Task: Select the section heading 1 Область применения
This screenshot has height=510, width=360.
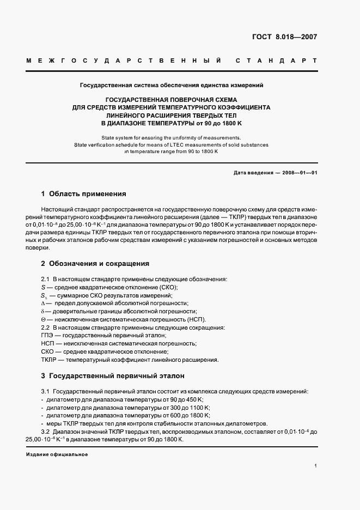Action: coord(83,193)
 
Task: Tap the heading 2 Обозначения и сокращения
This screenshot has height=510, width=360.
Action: coord(95,263)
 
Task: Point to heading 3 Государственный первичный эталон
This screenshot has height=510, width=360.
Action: coord(113,376)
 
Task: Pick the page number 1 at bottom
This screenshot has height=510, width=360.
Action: coord(316,466)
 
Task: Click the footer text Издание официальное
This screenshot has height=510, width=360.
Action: coord(57,454)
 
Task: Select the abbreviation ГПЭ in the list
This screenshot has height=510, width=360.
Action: coord(47,335)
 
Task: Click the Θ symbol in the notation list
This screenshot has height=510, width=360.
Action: coord(43,319)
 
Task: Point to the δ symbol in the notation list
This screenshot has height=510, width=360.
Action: coord(42,311)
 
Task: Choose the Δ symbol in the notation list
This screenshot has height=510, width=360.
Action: coord(43,303)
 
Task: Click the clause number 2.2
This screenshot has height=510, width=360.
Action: coord(45,327)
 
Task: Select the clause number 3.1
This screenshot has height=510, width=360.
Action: coord(45,391)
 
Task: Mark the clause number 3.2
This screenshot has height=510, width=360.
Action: coord(45,432)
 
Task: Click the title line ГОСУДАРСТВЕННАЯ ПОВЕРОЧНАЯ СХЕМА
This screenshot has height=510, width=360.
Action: coord(171,100)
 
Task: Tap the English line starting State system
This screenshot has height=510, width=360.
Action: coord(171,138)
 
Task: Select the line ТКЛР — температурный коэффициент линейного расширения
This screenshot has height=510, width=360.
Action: coord(130,360)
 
